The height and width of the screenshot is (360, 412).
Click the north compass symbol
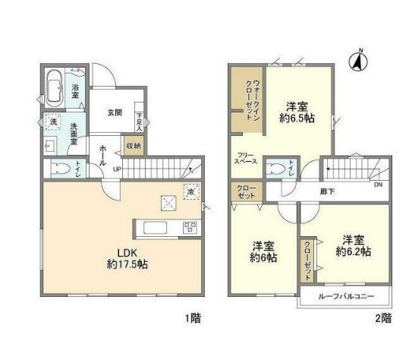[358, 60]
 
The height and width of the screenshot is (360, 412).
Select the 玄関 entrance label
[114, 113]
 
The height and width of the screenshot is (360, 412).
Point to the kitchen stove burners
[190, 226]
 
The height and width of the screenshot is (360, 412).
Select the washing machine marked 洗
[53, 121]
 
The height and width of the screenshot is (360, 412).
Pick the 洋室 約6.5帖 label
[297, 112]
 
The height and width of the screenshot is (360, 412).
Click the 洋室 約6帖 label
[263, 251]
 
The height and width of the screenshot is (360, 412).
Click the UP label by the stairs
[117, 169]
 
